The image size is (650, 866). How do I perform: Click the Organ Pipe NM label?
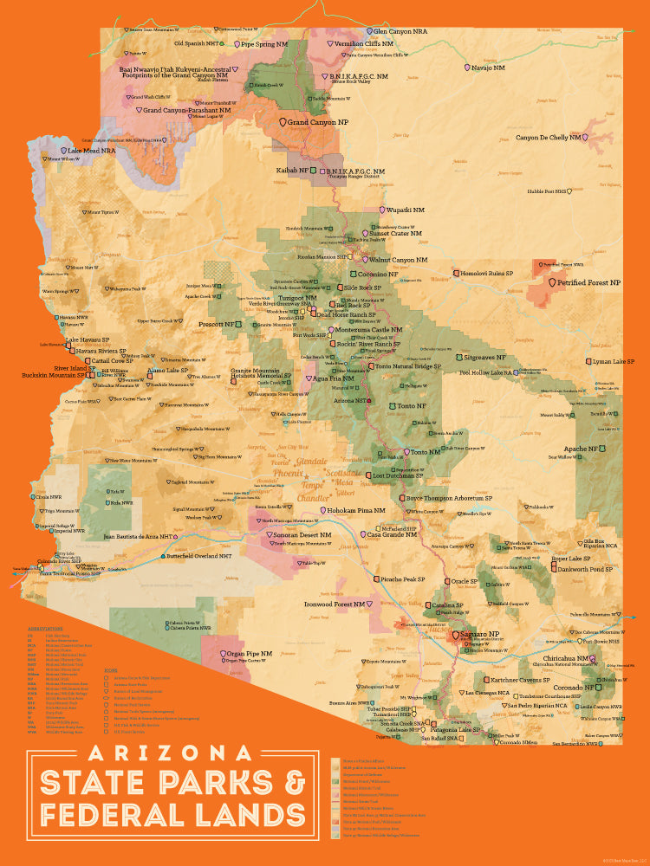coord(247,652)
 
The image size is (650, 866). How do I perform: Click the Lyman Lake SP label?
coord(613,361)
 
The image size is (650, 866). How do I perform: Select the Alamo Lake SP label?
coord(168,370)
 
